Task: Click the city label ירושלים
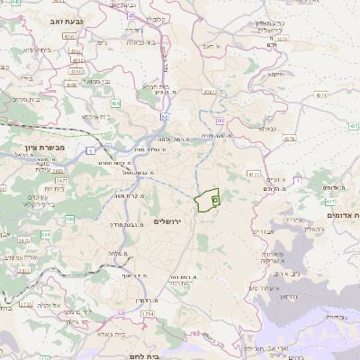(x=168, y=221)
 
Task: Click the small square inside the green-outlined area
(x=215, y=200)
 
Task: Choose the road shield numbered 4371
(x=209, y=91)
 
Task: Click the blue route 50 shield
(x=165, y=117)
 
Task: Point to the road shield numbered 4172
(x=255, y=175)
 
